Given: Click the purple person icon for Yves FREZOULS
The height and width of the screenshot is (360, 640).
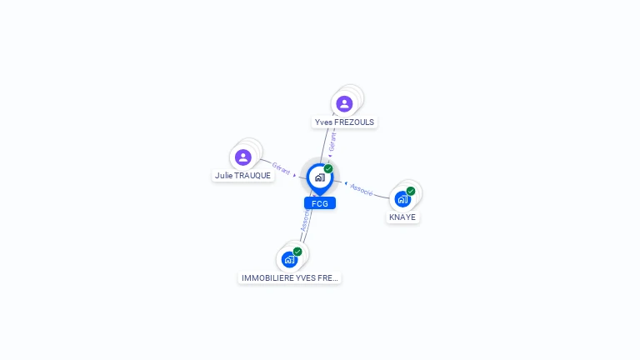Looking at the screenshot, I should coord(344,103).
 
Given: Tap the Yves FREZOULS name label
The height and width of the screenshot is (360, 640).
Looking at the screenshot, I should coord(344,122).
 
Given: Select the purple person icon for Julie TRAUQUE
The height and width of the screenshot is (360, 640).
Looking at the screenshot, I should coord(242,157).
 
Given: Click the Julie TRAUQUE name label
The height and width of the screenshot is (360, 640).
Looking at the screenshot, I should coord(242,176).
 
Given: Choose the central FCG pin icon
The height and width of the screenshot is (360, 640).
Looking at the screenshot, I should coord(319,177).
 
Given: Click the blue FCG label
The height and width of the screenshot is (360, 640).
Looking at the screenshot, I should coord(319,203).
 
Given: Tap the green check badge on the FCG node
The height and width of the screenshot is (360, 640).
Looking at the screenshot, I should coord(328,169).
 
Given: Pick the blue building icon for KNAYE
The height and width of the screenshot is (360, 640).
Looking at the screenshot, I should coord(402,199).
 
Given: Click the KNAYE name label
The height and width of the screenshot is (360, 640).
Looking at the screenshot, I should coord(402,217).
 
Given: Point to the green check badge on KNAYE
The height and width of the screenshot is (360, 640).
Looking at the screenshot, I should coord(411,191).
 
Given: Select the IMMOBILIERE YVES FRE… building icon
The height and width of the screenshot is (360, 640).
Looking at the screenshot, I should coord(289,259).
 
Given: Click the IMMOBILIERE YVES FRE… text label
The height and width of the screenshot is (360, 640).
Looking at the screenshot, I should coord(289,278).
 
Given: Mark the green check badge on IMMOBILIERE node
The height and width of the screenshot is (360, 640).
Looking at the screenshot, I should coord(297,251).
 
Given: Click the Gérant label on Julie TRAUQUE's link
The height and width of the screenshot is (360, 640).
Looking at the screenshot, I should coord(282,168).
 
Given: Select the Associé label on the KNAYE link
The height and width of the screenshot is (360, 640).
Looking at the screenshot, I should coord(362,189).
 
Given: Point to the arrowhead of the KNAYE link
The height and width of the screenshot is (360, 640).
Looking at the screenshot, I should coord(345,182).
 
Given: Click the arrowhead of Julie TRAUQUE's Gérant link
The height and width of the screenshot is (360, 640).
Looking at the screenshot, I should coord(295,175).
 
